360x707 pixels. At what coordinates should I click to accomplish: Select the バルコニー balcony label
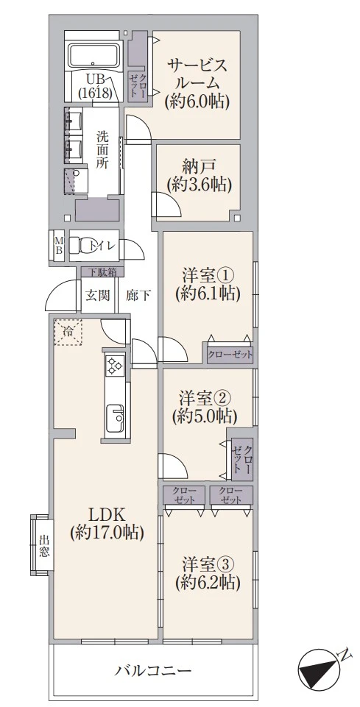coord(152,670)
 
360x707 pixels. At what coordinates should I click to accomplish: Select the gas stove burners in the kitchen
coord(115,364)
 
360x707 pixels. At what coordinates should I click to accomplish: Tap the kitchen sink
coord(115,416)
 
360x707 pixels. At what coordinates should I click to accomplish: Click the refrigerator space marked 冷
coord(68,333)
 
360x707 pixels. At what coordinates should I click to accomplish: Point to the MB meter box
coord(59,245)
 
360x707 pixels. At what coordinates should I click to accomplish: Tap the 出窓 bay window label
coord(43,546)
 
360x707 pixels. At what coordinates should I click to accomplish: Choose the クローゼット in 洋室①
coord(230,355)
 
